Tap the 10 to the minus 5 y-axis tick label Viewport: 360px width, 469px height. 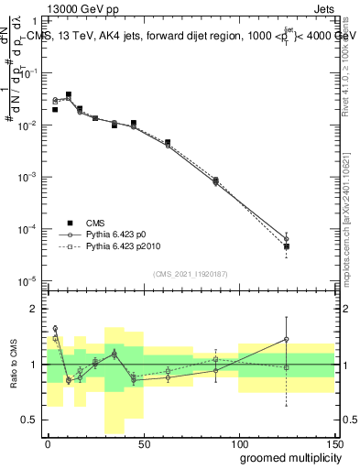coord(30,280)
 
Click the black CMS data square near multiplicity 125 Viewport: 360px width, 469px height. coord(287,246)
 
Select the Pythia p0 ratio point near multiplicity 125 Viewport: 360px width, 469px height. coord(287,339)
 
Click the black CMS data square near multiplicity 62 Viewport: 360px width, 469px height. coord(168,142)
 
